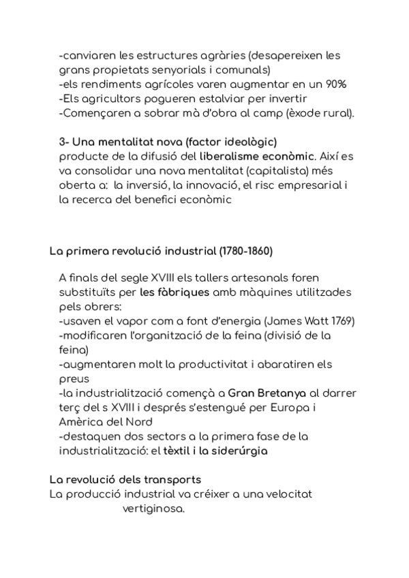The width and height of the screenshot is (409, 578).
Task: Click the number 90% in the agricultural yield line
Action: tap(335, 85)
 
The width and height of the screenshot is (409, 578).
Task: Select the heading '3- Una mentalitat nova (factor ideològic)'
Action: tap(168, 142)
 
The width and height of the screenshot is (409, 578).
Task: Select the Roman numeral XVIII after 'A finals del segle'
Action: tap(145, 278)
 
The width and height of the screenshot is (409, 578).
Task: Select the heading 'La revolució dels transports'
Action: tap(125, 479)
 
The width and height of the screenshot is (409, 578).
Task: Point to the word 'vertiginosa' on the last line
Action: tap(154, 508)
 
